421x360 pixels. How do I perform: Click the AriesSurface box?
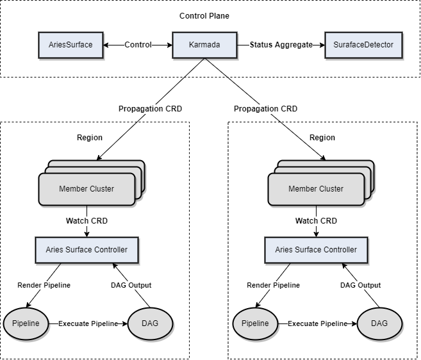70,45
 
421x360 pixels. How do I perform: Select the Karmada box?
204,45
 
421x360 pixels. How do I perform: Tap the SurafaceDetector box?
363,45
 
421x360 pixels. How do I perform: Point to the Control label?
138,45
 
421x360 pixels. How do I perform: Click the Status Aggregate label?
281,45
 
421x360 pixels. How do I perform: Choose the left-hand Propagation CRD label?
150,109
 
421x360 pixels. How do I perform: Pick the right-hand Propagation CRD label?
265,109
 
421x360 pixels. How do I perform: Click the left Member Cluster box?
87,189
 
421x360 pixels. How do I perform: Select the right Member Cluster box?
316,189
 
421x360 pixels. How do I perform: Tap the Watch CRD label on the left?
87,221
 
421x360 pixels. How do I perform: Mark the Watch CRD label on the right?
316,221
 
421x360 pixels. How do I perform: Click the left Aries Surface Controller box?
87,250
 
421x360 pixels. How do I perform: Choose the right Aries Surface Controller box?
316,250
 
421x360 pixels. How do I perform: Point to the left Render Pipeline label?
44,285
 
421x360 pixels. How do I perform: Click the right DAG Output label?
360,285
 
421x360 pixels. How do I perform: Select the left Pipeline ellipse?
26,323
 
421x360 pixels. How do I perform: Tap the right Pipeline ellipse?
255,323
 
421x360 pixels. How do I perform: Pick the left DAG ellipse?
150,323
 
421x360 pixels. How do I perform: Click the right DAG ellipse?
379,323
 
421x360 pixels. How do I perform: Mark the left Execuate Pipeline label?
88,323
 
